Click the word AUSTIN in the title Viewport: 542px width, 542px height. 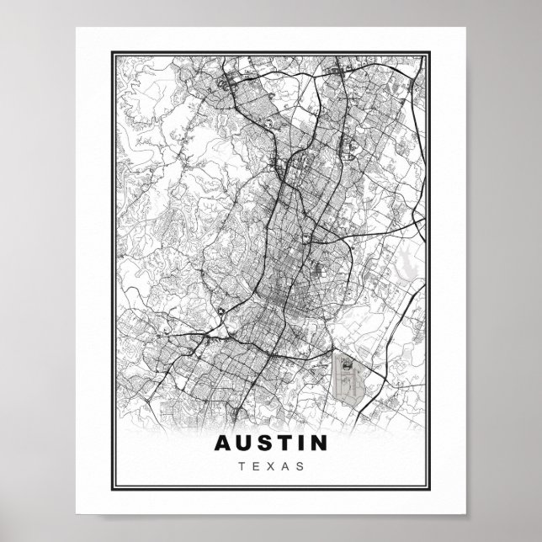[x=271, y=443]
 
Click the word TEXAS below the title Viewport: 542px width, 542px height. [x=271, y=465]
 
